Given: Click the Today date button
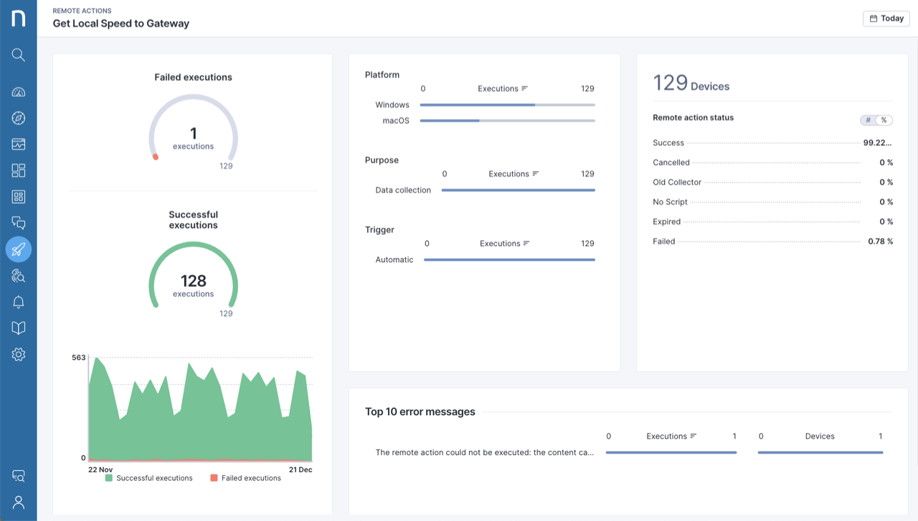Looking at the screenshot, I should [x=886, y=19].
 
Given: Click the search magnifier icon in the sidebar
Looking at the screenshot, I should [x=19, y=55].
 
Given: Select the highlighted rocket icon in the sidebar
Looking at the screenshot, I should [x=19, y=249].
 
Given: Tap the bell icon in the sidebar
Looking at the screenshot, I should [x=19, y=302].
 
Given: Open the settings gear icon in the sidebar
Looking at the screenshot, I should [x=19, y=354].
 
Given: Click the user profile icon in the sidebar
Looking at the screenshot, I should [x=19, y=502].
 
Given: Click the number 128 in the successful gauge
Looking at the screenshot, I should [x=193, y=281].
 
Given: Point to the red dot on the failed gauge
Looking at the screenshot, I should [x=156, y=157].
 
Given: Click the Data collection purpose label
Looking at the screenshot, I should [x=403, y=190].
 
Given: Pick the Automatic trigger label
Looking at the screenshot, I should [x=394, y=259].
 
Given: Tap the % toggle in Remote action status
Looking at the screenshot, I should [x=884, y=120].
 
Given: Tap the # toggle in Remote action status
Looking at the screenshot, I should [x=868, y=120].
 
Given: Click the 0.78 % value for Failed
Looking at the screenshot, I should [x=880, y=242].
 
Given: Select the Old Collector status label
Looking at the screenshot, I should [x=677, y=182].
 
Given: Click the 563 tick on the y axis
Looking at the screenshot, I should [x=78, y=358].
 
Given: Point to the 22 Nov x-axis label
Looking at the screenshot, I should [x=100, y=469].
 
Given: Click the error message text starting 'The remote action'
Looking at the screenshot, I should [x=485, y=452].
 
